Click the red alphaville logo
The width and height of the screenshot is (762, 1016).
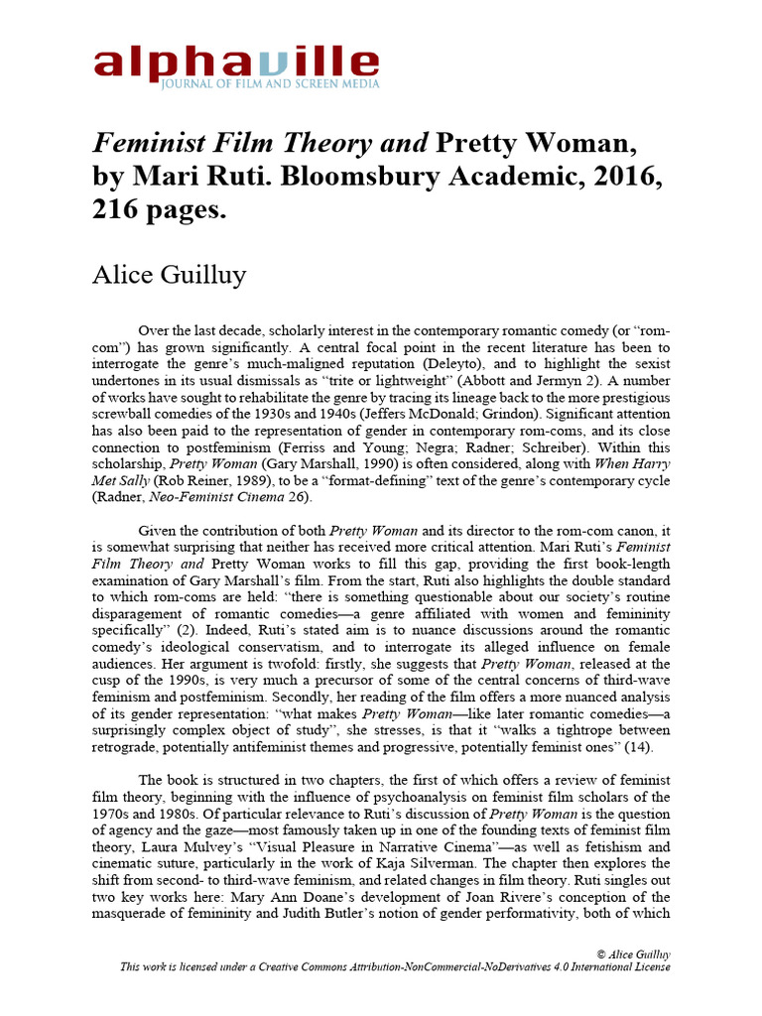(x=236, y=62)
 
